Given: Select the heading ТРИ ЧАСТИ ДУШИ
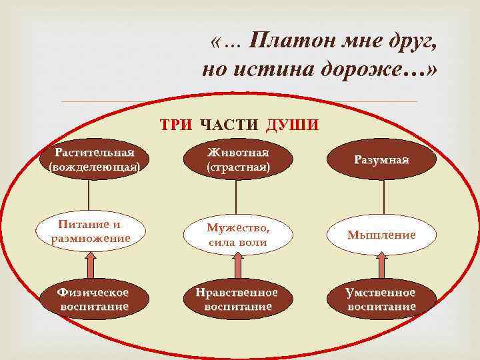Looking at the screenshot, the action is pos(239,125).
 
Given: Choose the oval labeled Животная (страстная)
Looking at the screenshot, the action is pos(238,161).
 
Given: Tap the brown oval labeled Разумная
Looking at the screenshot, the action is pos(382,161).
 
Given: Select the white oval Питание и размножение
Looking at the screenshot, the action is pos(90,231).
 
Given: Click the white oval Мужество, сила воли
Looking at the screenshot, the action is pos(238,235).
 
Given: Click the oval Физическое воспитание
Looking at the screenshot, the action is pos(93,299).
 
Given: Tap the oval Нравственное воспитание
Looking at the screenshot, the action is pos(238,299).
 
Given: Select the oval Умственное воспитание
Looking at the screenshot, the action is pos(381,299).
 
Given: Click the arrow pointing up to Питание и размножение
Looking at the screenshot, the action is pos(90,265).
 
